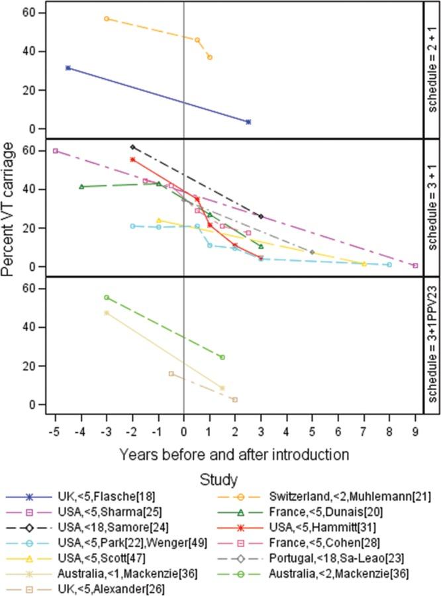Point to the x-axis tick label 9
click(415, 431)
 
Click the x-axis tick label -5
click(54, 431)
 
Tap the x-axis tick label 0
click(183, 431)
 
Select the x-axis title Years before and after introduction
click(234, 454)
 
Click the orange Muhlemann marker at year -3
click(107, 19)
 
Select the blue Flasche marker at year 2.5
click(248, 122)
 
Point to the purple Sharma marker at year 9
click(415, 266)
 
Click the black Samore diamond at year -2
click(132, 147)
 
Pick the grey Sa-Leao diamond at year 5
click(312, 252)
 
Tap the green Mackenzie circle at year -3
click(107, 297)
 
